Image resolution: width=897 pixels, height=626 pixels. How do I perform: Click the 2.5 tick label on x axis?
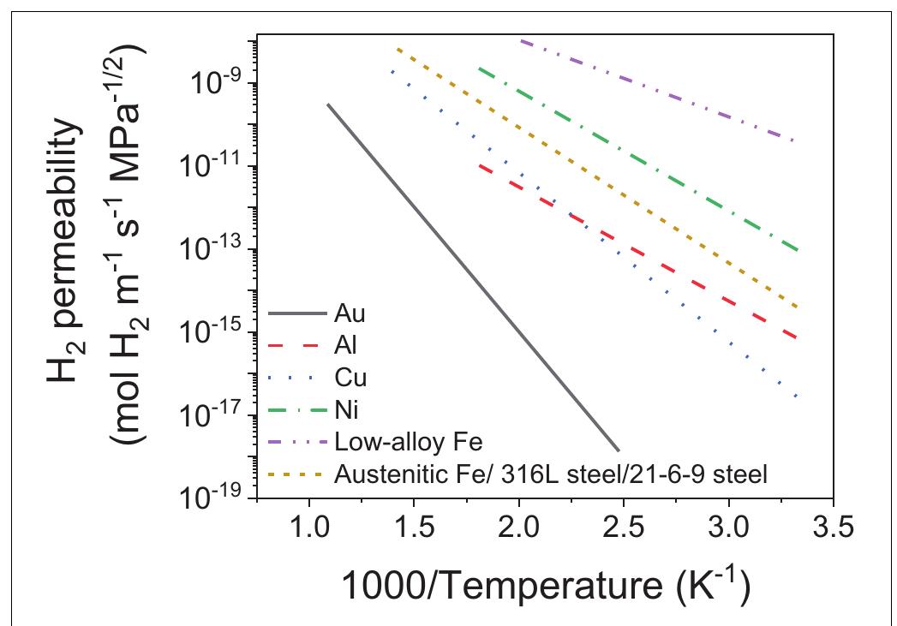pos(624,527)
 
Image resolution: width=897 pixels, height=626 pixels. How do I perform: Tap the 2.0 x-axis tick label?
pos(518,527)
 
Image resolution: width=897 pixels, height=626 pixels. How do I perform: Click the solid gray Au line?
pos(471,274)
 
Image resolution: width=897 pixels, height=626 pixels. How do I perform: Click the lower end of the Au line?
pos(618,450)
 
